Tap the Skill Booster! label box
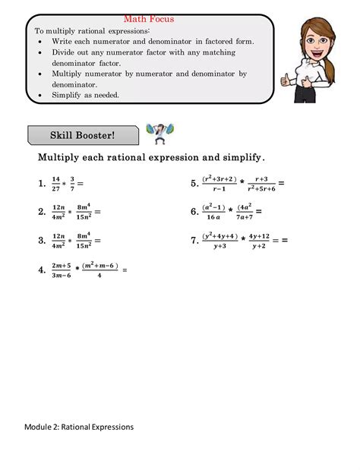coord(83,136)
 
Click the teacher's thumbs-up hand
coord(287,77)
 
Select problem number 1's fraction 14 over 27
coord(55,183)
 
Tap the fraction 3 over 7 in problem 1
coord(73,183)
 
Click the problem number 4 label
coord(42,270)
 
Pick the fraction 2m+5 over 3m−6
coord(62,270)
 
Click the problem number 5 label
coord(194,183)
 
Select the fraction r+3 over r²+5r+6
coord(261,183)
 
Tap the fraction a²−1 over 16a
coord(213,212)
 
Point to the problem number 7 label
coord(194,241)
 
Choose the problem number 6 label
coord(194,212)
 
